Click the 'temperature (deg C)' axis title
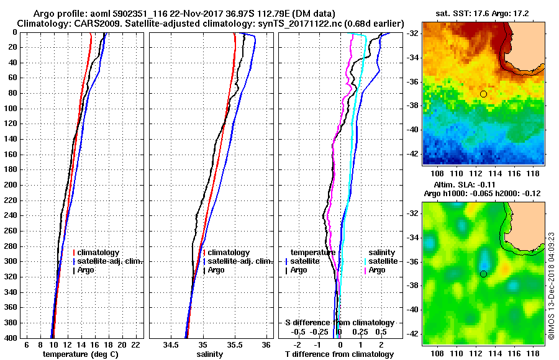[80, 354]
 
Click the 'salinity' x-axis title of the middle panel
[210, 354]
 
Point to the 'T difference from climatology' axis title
[339, 354]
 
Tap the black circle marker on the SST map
[483, 94]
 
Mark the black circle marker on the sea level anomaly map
[483, 274]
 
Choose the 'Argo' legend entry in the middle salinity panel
[216, 270]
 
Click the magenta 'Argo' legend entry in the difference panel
[377, 270]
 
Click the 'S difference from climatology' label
[339, 323]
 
